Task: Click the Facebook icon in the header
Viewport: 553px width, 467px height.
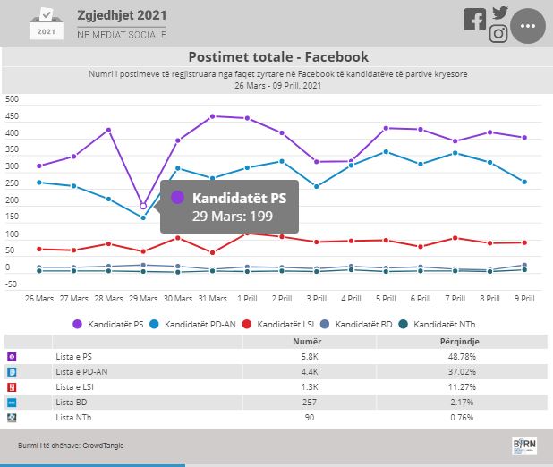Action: click(474, 20)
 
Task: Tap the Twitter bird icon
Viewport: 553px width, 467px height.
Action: click(499, 13)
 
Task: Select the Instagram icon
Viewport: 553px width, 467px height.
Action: click(498, 34)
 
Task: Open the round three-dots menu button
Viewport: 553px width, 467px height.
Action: click(527, 26)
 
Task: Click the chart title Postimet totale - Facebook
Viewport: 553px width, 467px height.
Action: click(278, 57)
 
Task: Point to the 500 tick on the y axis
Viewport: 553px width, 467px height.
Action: click(12, 99)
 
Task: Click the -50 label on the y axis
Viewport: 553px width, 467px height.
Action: click(12, 284)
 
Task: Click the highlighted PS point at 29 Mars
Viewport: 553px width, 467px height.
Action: click(143, 206)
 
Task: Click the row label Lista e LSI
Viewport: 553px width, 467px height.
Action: click(75, 386)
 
